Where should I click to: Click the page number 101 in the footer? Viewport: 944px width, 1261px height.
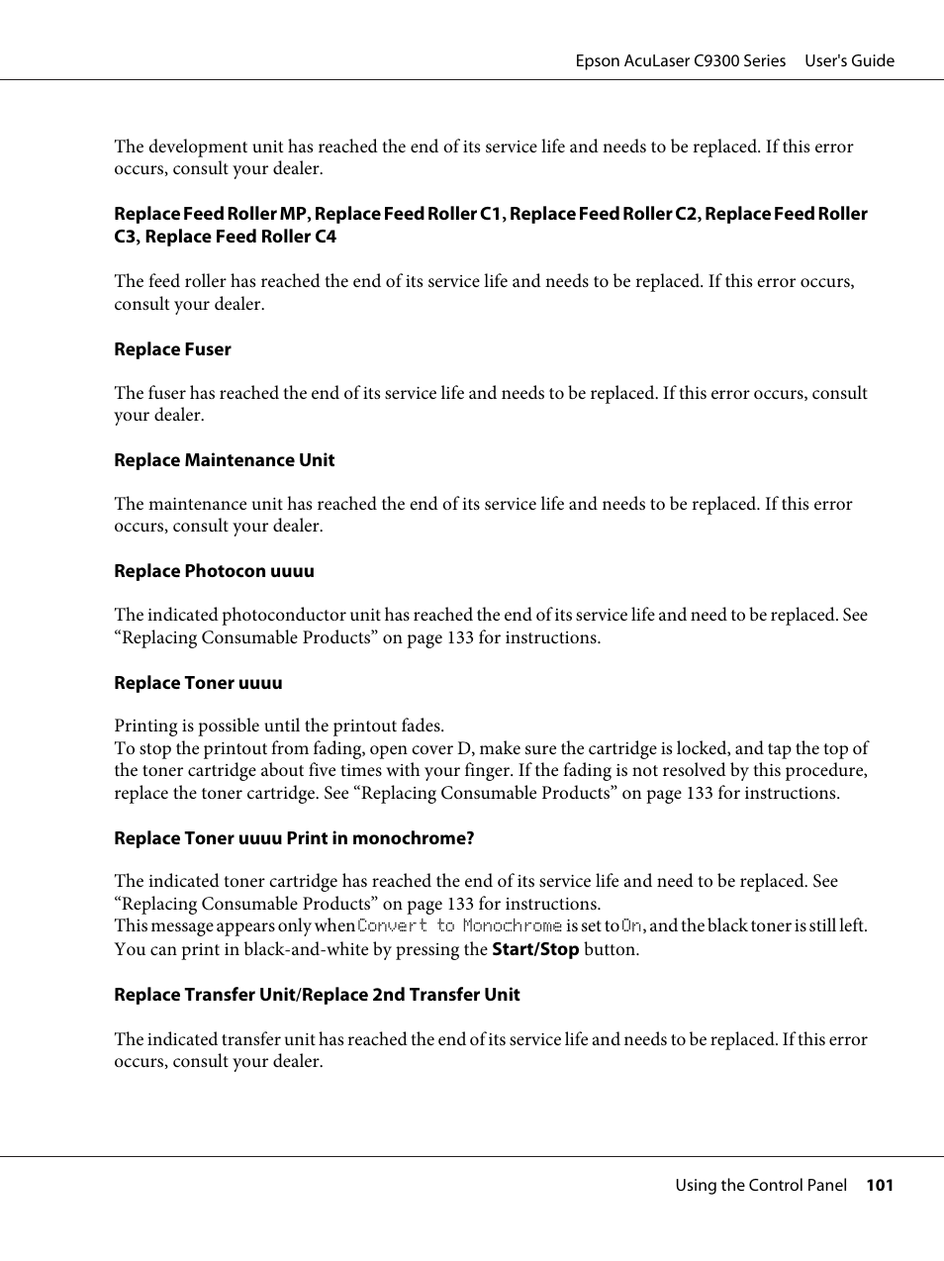880,1185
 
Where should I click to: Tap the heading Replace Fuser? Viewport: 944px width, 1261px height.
172,349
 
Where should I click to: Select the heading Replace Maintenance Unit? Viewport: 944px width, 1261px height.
224,460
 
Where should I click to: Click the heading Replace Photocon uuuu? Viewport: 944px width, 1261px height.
214,571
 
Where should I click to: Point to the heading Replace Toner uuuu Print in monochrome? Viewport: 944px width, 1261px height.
294,838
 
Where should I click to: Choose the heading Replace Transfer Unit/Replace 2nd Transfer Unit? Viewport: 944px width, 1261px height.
317,995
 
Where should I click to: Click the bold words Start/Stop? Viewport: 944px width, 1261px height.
534,949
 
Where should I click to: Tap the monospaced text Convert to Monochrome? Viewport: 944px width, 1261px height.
459,926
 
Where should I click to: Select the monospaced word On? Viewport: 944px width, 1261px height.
631,926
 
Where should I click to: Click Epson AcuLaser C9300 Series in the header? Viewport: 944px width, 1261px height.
681,60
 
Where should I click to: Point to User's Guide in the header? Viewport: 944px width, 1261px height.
849,60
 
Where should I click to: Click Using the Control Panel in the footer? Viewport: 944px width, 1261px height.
761,1185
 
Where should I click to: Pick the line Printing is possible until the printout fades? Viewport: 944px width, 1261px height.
279,726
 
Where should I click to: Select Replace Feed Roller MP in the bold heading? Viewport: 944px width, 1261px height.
211,214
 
